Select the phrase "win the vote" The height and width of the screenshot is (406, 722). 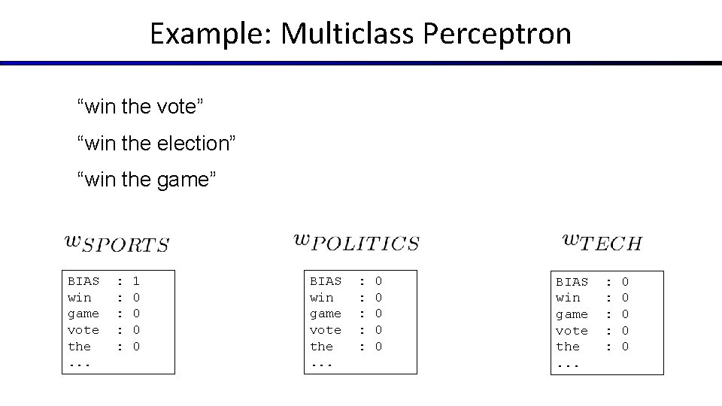(x=140, y=107)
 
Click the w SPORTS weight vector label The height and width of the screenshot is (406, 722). (x=117, y=243)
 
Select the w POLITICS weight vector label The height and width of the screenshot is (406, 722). (x=355, y=242)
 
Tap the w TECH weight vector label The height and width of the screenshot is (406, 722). (x=602, y=242)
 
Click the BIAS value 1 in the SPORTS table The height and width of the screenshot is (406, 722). (x=136, y=281)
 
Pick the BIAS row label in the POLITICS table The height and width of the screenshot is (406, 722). (x=326, y=281)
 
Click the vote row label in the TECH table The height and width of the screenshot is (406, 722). (x=572, y=331)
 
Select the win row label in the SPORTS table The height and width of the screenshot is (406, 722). (x=80, y=298)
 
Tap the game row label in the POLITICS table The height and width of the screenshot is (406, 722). (x=326, y=314)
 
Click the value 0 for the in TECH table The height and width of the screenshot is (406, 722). (x=625, y=347)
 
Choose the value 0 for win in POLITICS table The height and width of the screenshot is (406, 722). (x=378, y=298)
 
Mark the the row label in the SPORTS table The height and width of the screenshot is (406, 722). (x=80, y=347)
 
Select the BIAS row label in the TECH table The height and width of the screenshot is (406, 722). (x=572, y=282)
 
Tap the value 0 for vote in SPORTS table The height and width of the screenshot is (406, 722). (x=136, y=330)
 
